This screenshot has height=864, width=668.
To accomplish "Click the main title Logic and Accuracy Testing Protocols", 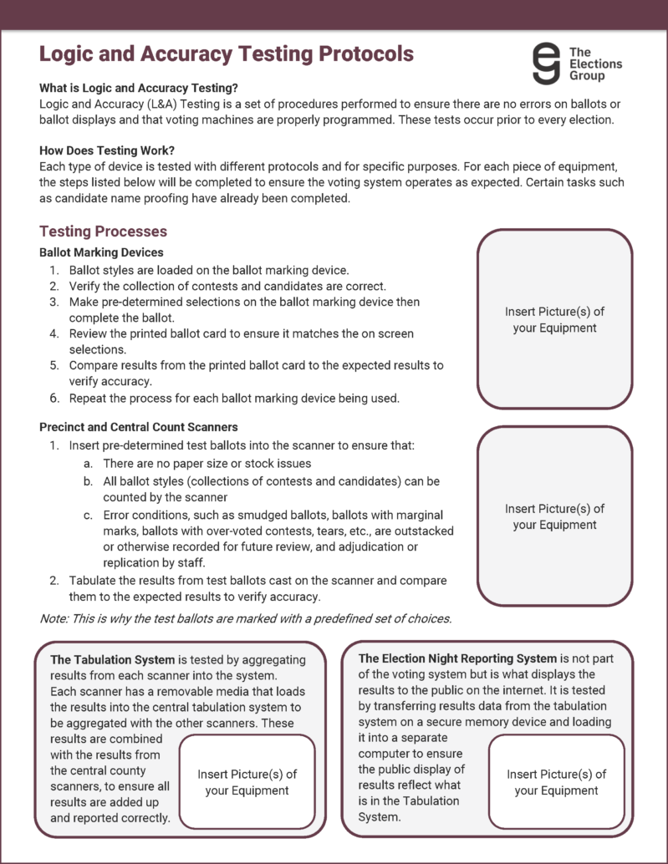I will [226, 54].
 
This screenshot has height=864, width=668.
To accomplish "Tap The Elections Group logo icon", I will [547, 63].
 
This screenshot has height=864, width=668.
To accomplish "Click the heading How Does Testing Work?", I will [107, 150].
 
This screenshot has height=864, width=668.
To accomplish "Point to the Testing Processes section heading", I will [103, 231].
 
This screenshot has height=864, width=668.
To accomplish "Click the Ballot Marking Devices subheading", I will [101, 252].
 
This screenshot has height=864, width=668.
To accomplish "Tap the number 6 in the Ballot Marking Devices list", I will [54, 398].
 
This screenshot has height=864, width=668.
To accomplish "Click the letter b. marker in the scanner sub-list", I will [88, 482].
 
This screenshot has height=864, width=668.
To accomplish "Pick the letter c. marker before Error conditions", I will [88, 514].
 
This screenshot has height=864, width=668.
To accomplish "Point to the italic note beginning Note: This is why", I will [245, 618].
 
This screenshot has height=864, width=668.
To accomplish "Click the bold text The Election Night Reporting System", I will [457, 658].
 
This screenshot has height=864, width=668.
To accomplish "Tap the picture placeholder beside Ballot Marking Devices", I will [554, 319].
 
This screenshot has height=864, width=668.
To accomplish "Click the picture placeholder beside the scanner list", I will [554, 516].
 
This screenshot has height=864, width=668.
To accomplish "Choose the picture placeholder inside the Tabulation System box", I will [247, 782].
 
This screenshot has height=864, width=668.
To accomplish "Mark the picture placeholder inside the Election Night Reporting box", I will [556, 782].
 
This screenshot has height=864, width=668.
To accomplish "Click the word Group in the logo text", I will [587, 76].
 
